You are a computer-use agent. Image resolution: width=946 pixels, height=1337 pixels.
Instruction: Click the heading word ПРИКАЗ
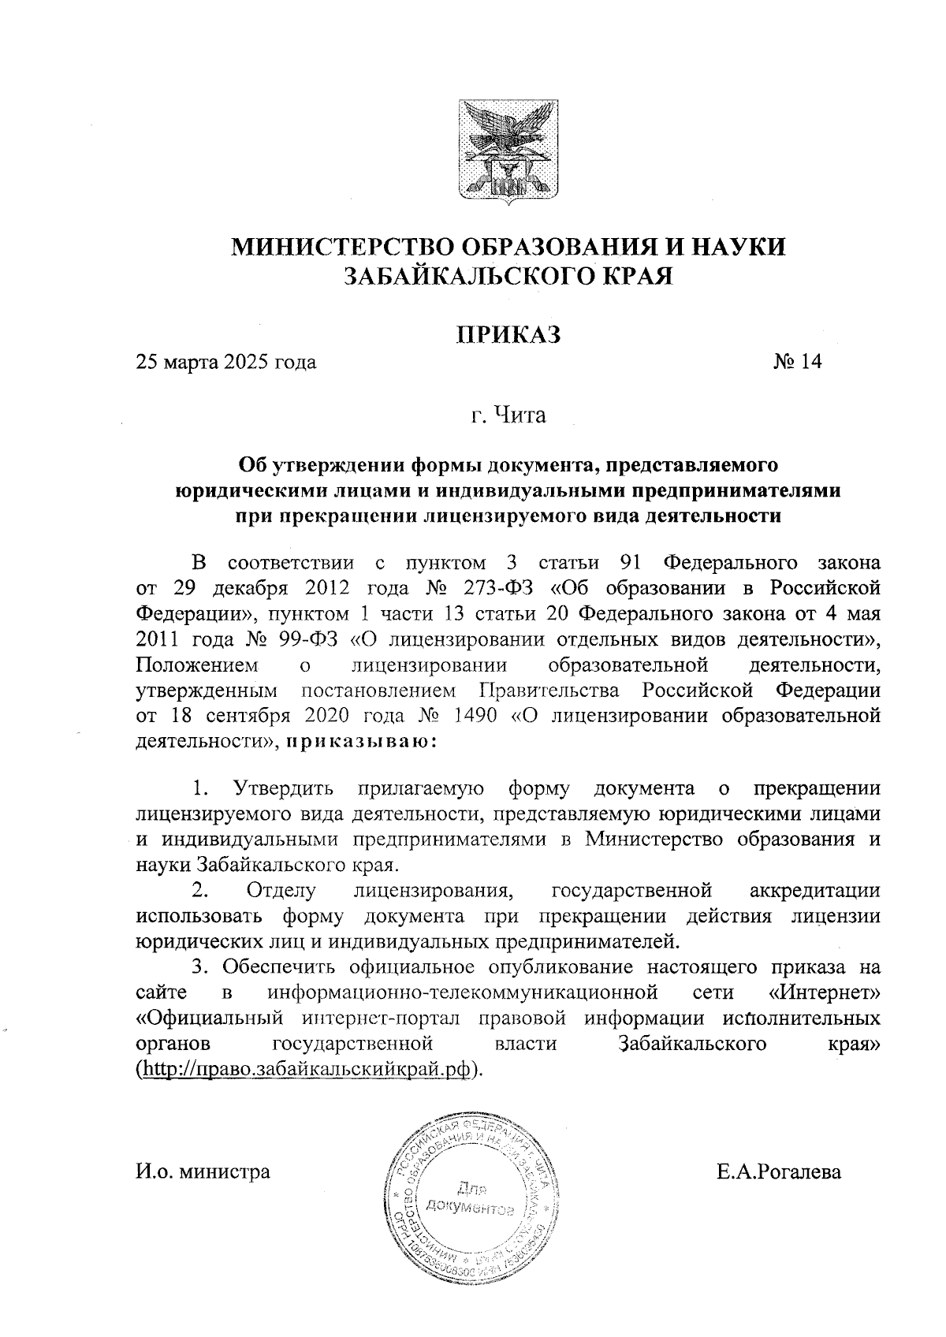pyautogui.click(x=509, y=334)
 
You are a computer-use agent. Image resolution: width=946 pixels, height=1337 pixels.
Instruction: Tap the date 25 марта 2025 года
pyautogui.click(x=226, y=363)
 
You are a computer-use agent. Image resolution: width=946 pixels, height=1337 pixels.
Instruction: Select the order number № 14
pyautogui.click(x=797, y=362)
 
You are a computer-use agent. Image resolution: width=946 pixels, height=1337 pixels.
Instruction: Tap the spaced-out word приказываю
pyautogui.click(x=359, y=742)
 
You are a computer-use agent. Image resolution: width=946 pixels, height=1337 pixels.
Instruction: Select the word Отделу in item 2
pyautogui.click(x=281, y=892)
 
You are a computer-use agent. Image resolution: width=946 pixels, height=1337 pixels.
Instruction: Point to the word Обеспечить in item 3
pyautogui.click(x=281, y=966)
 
